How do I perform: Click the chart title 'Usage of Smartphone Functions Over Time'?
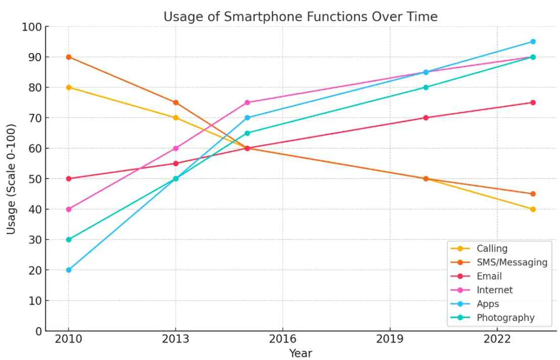(x=300, y=17)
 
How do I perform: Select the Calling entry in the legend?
(x=492, y=248)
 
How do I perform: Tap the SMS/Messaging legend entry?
(x=511, y=262)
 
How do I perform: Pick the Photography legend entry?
(x=505, y=318)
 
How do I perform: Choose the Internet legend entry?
(x=494, y=290)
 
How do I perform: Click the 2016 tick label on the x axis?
(x=283, y=340)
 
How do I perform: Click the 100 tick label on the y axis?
(x=31, y=27)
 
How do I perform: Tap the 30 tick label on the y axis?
(x=34, y=240)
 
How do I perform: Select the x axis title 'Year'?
(x=300, y=353)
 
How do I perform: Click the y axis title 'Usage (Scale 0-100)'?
(x=11, y=179)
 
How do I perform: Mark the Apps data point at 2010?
(x=68, y=270)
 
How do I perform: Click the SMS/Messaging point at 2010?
(x=68, y=57)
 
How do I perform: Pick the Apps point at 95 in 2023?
(x=533, y=42)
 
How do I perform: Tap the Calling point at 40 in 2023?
(x=533, y=209)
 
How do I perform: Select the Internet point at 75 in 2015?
(x=247, y=102)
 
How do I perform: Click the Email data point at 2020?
(x=425, y=118)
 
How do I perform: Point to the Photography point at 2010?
(x=68, y=240)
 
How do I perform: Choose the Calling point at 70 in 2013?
(x=176, y=118)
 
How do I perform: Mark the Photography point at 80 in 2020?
(x=425, y=87)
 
